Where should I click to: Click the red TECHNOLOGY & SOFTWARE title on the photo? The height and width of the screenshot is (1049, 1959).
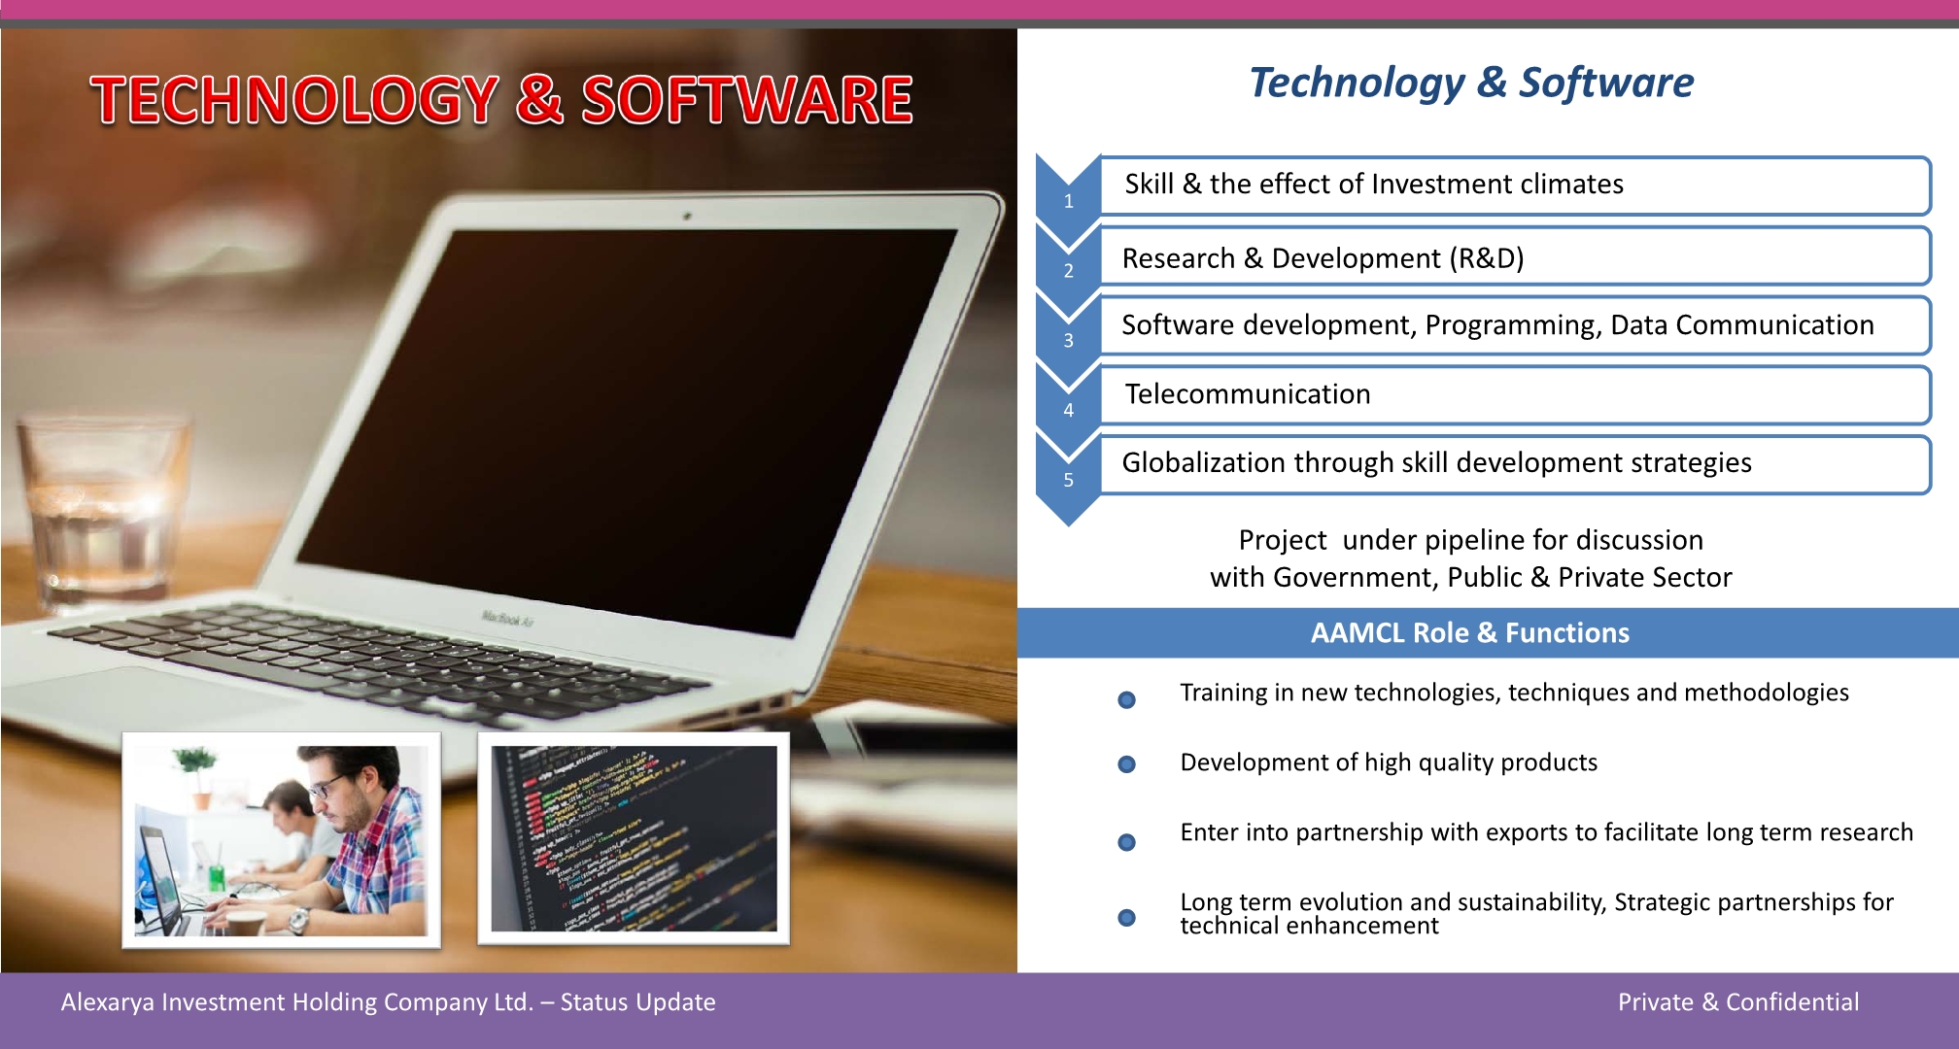(x=501, y=99)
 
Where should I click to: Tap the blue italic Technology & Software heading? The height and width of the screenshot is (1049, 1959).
(x=1471, y=83)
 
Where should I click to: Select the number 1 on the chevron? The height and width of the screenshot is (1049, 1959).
(x=1068, y=201)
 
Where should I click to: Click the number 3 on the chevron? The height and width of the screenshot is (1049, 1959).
(x=1068, y=341)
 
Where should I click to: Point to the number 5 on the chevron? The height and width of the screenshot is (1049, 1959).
(x=1068, y=480)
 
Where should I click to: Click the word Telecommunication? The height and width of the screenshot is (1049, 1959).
(x=1248, y=393)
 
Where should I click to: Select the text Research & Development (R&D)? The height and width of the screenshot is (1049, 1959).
(x=1323, y=258)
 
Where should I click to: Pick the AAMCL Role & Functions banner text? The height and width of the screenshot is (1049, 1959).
(x=1469, y=632)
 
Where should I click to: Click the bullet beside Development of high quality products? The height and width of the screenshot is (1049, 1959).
(x=1127, y=764)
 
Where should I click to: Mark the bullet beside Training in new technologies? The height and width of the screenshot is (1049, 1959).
(x=1127, y=699)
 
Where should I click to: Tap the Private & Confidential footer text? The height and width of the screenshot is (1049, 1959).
(x=1738, y=1002)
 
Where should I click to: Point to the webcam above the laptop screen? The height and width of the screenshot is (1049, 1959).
(x=687, y=216)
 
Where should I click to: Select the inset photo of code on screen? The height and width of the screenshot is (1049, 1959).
(x=634, y=838)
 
